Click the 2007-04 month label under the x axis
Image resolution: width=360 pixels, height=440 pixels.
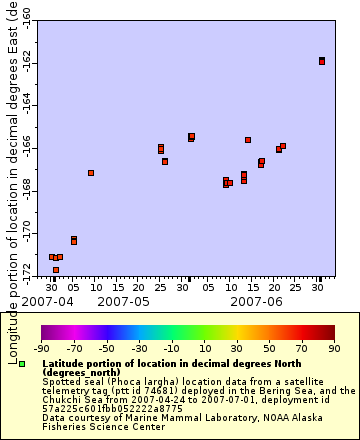(x=46, y=300)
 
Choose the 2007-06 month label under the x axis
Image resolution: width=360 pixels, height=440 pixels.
(x=256, y=300)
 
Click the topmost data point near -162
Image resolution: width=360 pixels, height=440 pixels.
(x=322, y=61)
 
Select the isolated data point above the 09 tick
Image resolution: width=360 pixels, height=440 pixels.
(x=91, y=173)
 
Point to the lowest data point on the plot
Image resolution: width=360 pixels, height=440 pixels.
(x=56, y=270)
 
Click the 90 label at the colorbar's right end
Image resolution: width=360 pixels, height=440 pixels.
(x=333, y=348)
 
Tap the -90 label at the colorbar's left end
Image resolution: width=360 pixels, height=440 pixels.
(x=41, y=348)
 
